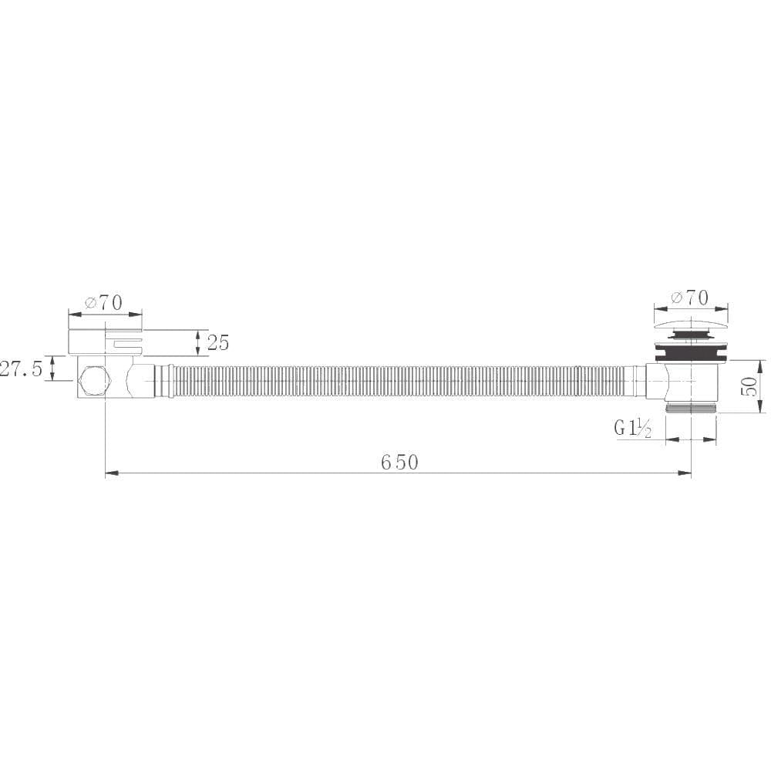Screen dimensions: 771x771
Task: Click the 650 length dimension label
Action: pos(399,462)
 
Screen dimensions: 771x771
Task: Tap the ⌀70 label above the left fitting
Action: pos(104,302)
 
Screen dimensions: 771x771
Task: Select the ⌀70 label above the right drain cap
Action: pos(689,297)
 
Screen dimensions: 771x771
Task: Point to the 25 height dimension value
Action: pos(218,342)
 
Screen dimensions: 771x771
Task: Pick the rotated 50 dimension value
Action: pos(749,386)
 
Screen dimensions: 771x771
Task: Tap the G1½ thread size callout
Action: pos(633,429)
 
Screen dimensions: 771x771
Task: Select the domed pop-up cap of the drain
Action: pos(691,322)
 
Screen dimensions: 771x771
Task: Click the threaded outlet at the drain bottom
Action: pos(691,407)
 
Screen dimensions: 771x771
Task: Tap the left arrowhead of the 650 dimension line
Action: pos(111,473)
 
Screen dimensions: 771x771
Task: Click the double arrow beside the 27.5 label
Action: pos(52,368)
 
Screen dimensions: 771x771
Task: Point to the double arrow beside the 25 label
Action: pos(199,342)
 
